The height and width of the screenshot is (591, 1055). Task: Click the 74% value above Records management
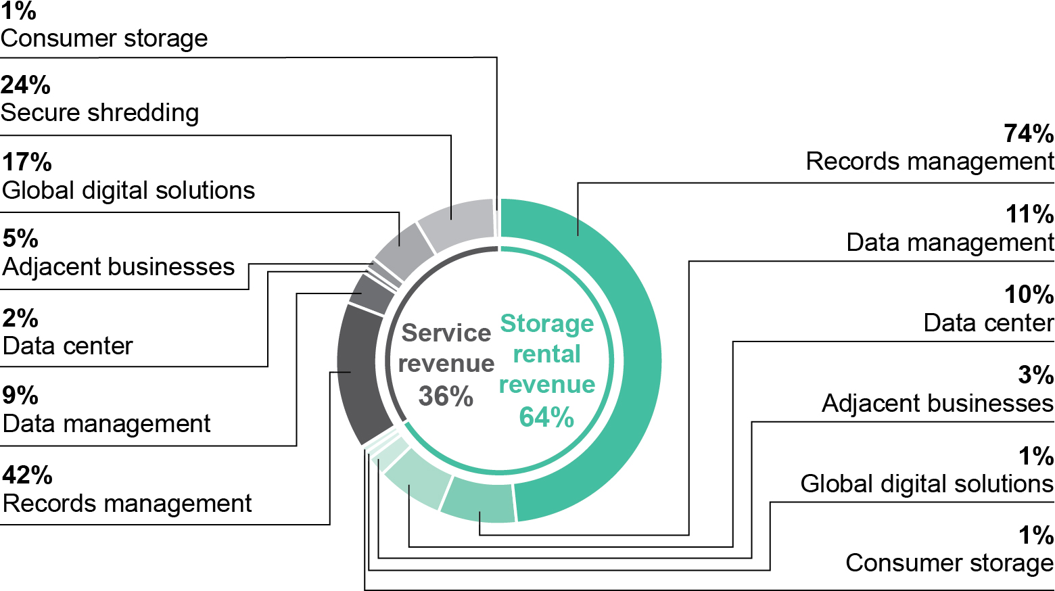(x=1029, y=134)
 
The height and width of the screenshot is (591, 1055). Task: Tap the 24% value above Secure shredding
(x=26, y=85)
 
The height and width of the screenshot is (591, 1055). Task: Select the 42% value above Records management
(x=27, y=475)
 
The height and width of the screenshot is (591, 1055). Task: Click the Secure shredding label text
(x=100, y=113)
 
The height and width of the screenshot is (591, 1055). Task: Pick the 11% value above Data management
(x=1029, y=214)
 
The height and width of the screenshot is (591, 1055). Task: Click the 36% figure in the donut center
(x=446, y=396)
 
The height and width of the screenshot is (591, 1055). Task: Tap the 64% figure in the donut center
(x=546, y=417)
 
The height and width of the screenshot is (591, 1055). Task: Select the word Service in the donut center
(x=446, y=333)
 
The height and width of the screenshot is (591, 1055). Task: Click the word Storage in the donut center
(x=546, y=323)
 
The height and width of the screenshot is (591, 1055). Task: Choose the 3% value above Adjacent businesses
(x=1035, y=375)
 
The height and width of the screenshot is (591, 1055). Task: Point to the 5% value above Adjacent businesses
(x=20, y=239)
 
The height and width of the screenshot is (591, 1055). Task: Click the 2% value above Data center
(x=20, y=318)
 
